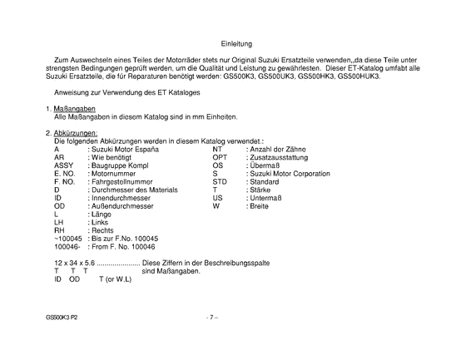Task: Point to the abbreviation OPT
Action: [x=220, y=156]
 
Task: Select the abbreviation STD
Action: [x=220, y=181]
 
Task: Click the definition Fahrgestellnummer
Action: [x=124, y=181]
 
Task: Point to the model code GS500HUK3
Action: [x=359, y=76]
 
